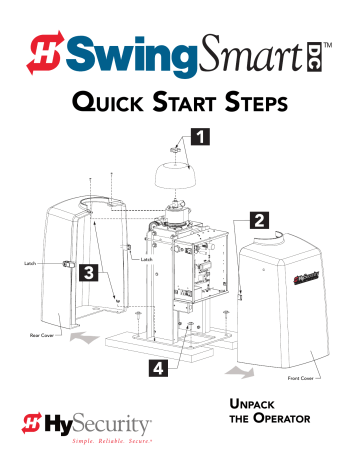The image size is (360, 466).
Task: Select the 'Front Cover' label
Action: coord(302,380)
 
